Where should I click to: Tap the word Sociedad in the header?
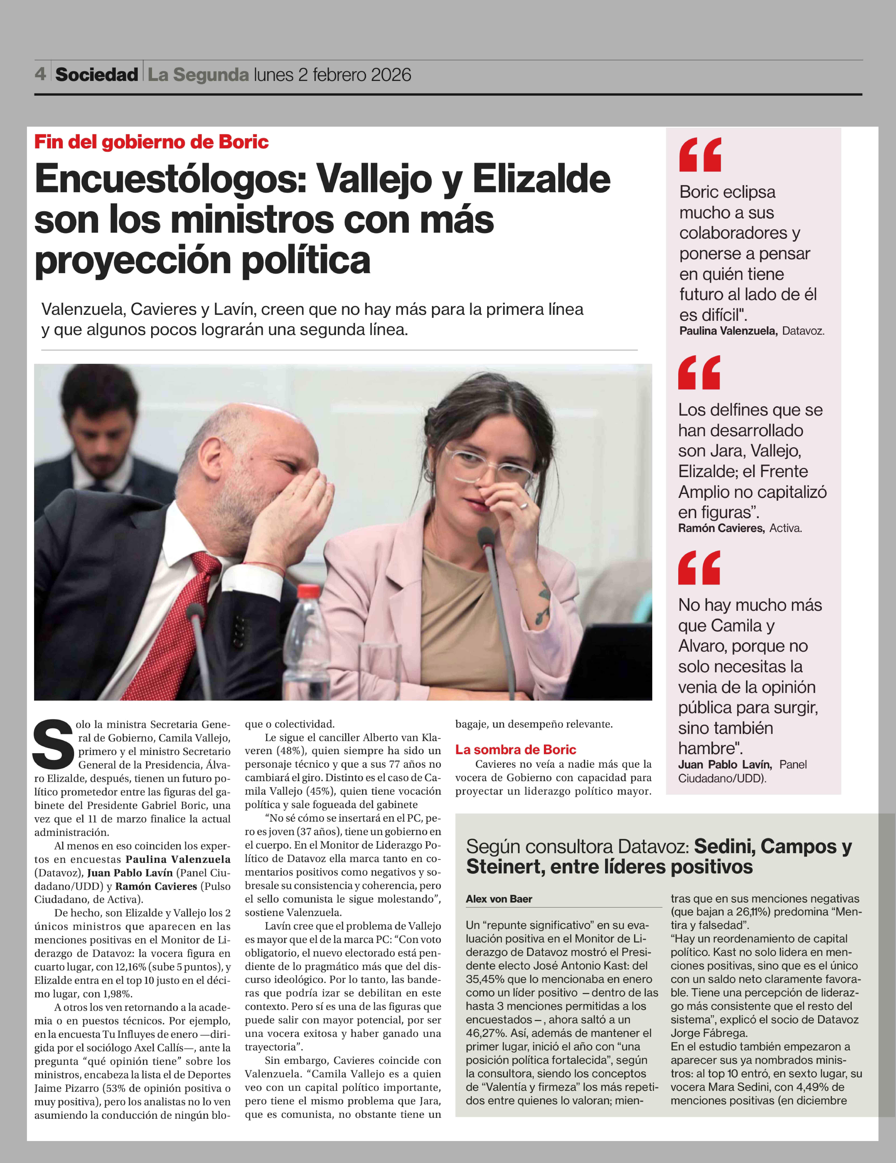point(96,75)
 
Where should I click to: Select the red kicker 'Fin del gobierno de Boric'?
point(151,142)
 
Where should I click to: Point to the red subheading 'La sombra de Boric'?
point(515,750)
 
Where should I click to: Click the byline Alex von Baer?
point(499,899)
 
